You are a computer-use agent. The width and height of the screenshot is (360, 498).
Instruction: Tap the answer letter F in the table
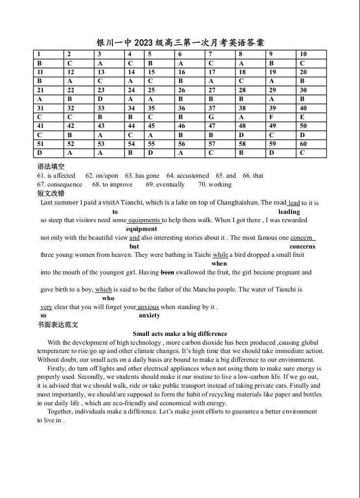[271, 117]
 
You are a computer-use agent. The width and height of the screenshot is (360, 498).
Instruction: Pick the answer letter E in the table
[302, 117]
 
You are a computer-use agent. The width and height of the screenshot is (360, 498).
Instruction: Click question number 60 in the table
[303, 144]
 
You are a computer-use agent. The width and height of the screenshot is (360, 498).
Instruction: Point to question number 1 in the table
[39, 55]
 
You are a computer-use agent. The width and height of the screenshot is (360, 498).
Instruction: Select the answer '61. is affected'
[56, 176]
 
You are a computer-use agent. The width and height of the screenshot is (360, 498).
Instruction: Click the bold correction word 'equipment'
[142, 229]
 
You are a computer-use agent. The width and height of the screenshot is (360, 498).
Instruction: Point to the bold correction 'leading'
[289, 212]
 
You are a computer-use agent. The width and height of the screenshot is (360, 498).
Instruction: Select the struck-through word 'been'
[167, 272]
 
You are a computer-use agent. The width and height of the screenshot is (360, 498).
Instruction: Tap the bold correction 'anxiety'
[149, 316]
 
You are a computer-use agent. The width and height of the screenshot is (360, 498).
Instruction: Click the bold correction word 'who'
[108, 298]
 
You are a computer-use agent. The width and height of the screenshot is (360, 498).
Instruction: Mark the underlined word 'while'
[220, 255]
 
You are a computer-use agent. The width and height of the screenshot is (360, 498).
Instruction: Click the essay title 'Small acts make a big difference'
[180, 334]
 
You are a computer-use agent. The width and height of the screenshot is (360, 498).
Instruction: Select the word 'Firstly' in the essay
[57, 369]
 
